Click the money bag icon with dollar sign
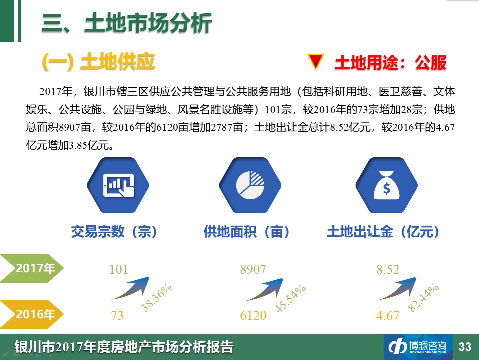pos(387,185)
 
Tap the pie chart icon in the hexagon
pos(250,185)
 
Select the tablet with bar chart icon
pos(118,185)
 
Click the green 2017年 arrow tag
pos(32,268)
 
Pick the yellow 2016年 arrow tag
pos(32,314)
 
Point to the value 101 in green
pos(118,269)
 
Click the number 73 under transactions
pos(117,315)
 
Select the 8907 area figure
pos(253,269)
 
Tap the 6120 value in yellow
pos(253,315)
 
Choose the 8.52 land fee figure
pos(388,270)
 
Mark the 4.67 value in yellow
pos(388,316)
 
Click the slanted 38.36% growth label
pos(156,298)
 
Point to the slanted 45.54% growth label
pos(291,299)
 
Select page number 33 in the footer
pos(465,347)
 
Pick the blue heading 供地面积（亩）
pos(247,231)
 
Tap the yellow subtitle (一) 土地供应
pos(98,61)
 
